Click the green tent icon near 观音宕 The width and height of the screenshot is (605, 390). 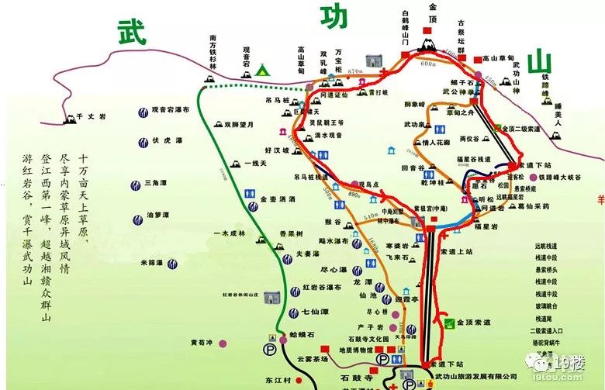point(262,71)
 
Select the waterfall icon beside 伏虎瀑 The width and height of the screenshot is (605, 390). point(143,141)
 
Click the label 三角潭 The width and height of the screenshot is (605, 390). point(158,184)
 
